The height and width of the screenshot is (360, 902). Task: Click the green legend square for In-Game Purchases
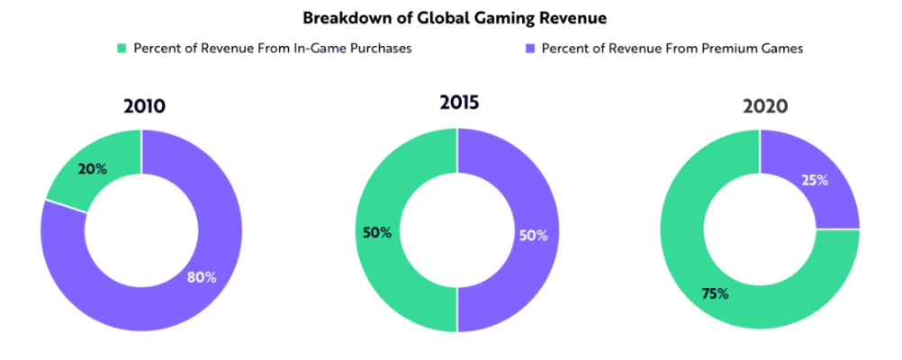(x=122, y=49)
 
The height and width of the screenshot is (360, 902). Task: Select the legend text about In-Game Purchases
(x=273, y=49)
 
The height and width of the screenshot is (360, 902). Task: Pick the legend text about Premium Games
(x=671, y=49)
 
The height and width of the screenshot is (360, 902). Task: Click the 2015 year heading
(x=457, y=102)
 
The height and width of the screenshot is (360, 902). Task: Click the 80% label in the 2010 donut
(x=202, y=277)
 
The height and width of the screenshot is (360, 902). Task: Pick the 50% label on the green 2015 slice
(x=377, y=232)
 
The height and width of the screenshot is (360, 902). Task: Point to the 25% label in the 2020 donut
(x=814, y=180)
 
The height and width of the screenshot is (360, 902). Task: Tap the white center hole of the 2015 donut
(x=457, y=230)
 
